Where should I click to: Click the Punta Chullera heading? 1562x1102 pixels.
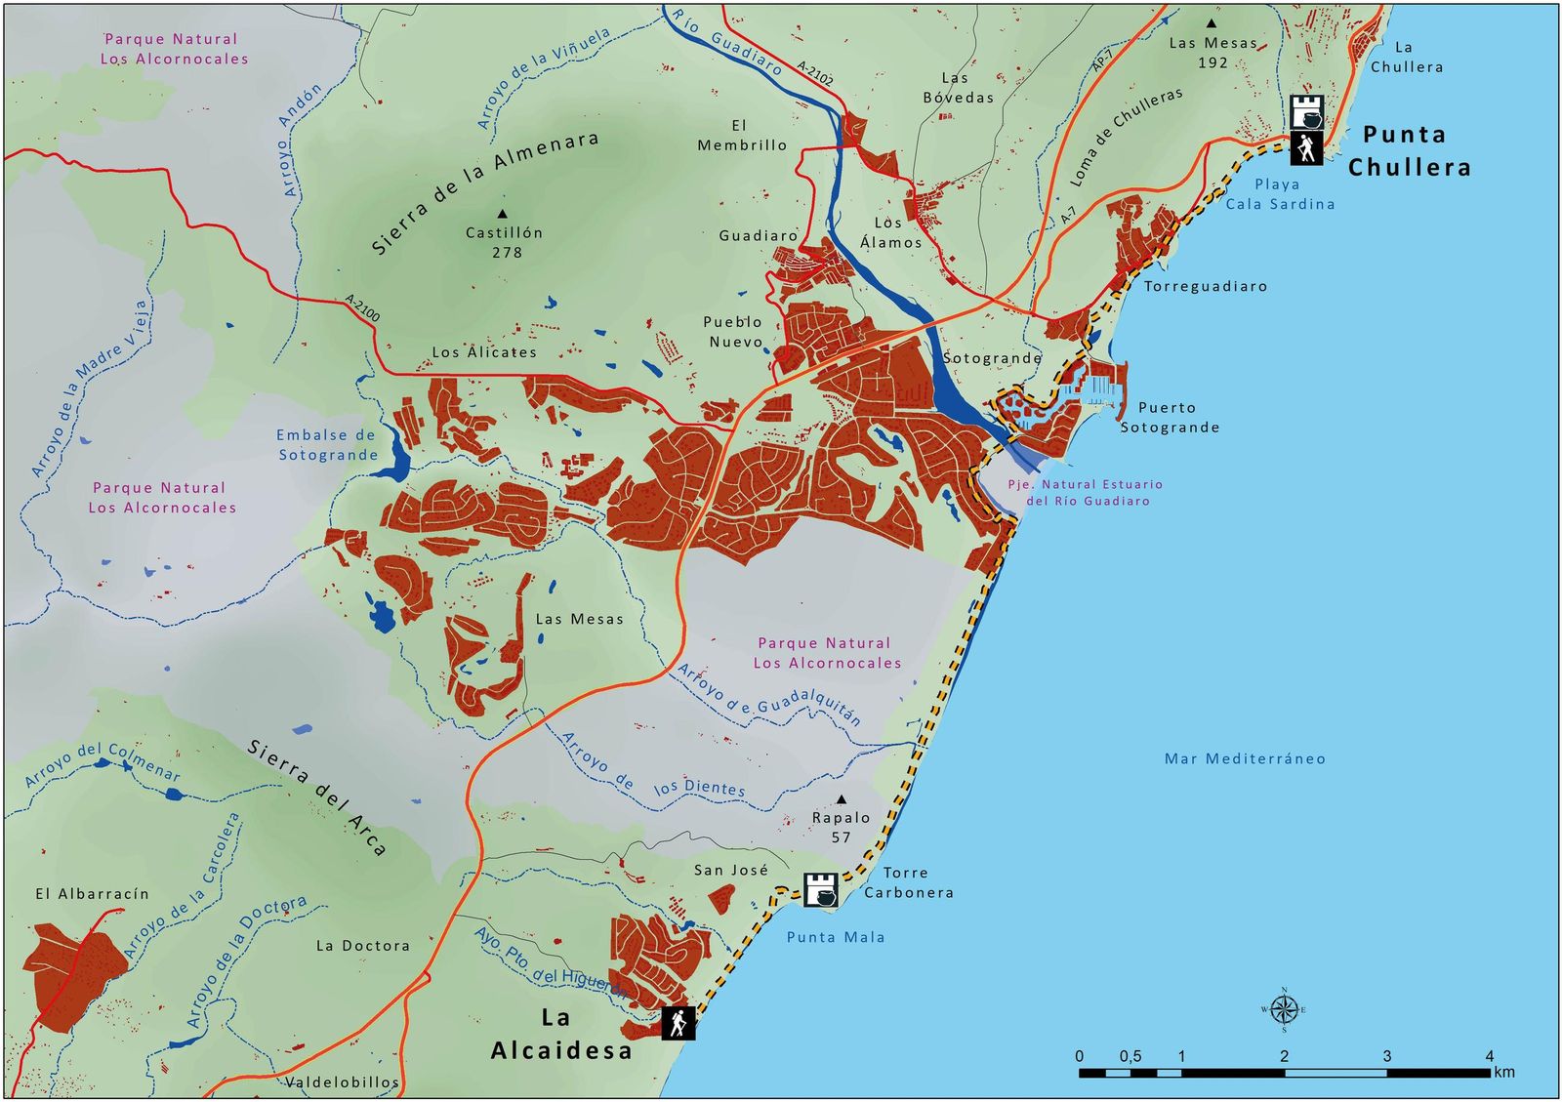point(1409,150)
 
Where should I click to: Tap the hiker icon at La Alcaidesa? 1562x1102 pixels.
point(678,1023)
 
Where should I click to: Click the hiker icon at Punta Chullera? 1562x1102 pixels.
point(1306,149)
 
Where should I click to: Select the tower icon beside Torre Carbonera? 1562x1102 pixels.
point(821,889)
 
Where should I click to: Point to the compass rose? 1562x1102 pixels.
point(1284,1009)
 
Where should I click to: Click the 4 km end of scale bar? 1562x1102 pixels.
point(1490,1073)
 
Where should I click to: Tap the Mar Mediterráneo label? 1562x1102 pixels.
point(1245,758)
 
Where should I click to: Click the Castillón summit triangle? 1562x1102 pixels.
point(503,213)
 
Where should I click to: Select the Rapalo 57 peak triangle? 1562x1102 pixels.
point(842,799)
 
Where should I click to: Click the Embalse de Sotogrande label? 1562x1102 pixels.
point(327,445)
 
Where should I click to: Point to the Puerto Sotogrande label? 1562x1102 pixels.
point(1169,418)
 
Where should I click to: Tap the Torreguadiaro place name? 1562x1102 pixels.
point(1206,286)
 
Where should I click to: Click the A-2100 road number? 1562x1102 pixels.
point(362,308)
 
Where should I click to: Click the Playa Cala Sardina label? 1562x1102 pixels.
point(1279,194)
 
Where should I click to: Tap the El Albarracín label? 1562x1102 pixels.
point(93,894)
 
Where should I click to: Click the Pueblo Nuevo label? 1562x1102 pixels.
point(734,332)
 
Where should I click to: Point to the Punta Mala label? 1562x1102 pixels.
point(836,937)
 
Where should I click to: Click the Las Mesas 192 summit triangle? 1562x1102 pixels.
point(1212,23)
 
